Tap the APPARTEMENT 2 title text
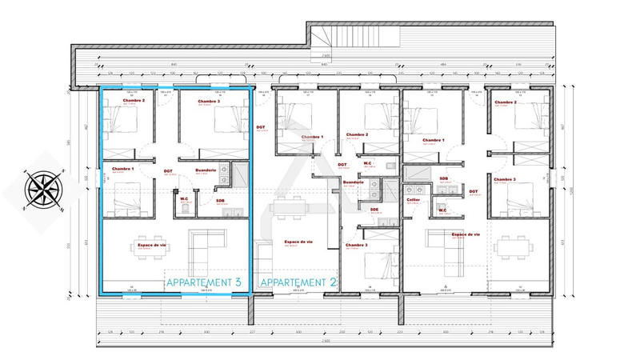tap(295, 282)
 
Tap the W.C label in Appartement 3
tap(184, 198)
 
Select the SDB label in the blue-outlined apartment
tap(220, 200)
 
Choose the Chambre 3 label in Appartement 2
tap(358, 245)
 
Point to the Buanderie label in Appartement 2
tap(354, 182)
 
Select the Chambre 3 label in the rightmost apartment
tap(506, 179)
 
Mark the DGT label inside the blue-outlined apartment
tap(169, 170)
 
